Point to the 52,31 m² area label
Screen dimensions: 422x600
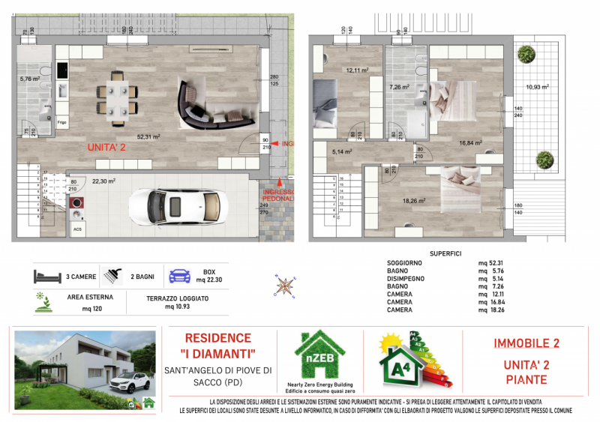click(x=148, y=137)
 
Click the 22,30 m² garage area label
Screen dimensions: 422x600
click(x=103, y=181)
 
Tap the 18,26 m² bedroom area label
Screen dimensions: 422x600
click(x=415, y=201)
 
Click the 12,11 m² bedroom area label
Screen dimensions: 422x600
click(x=356, y=71)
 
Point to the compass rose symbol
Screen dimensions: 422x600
click(x=285, y=284)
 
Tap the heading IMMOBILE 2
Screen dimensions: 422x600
click(x=526, y=344)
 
